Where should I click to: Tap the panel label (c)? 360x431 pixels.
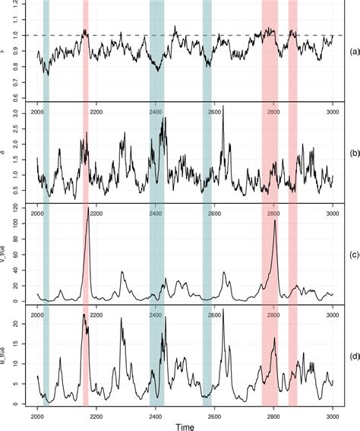coord(352,253)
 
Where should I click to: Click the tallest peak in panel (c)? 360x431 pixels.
coord(88,208)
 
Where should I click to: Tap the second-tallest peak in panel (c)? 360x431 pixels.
coord(275,220)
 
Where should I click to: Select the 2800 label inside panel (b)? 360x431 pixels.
coord(273,113)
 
